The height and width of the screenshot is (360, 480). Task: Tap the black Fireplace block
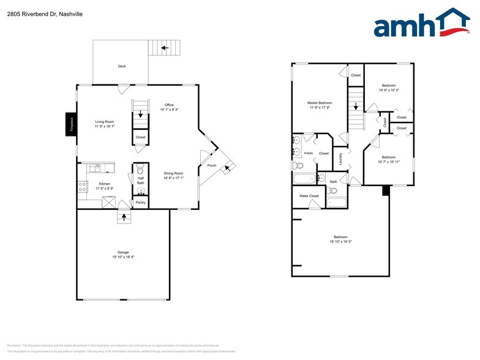point(72,124)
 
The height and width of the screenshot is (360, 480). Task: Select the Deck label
point(122,66)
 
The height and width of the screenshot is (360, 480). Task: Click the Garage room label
point(123,252)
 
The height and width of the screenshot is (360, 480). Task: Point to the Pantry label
point(140,202)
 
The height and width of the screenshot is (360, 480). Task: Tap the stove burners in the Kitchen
point(82,187)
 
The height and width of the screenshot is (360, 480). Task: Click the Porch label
point(212,165)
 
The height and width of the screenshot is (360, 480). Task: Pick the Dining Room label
point(173,173)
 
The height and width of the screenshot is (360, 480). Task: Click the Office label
point(169,105)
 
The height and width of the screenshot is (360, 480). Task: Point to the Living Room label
point(104,122)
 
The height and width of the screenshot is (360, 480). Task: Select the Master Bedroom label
point(320,103)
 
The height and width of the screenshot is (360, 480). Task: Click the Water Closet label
point(309,196)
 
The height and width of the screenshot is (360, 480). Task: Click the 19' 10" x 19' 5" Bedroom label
point(340,237)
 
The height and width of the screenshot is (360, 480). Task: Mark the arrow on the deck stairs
point(163,47)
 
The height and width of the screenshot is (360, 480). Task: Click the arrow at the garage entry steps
point(124,216)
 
